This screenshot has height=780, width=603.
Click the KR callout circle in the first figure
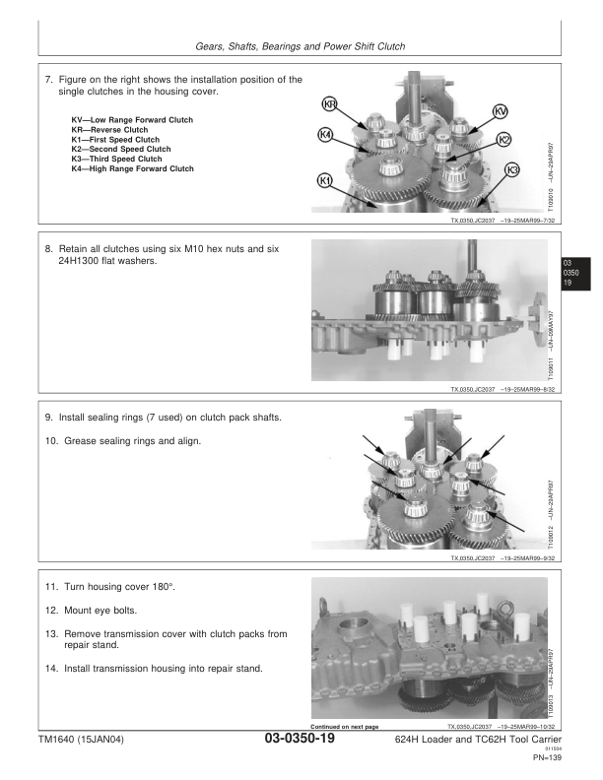331,105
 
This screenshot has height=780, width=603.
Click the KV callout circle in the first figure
500,110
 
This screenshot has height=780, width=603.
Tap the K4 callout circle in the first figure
325,134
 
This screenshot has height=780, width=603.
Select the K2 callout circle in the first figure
503,140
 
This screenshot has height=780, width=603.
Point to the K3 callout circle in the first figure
511,170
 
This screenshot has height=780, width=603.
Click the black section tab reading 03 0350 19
568,272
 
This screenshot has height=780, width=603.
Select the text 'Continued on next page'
345,727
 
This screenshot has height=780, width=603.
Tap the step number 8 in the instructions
49,251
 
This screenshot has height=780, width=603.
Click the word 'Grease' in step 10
82,439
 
